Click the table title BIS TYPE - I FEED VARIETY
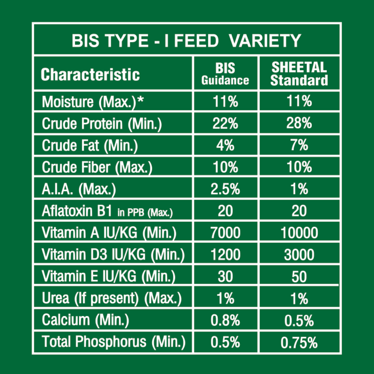pos(186,41)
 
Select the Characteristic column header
pos(90,74)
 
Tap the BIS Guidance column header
pos(226,74)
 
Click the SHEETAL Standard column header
pos(299,74)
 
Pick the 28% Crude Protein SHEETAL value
pos(299,123)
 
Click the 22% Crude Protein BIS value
pos(226,123)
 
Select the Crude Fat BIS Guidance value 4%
pos(226,145)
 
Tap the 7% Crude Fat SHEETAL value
pos(299,145)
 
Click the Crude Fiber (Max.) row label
pos(97,167)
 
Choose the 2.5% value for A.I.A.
pos(226,189)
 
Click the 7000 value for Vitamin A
pos(226,233)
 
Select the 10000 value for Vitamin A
pos(299,233)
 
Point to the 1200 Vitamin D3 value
pos(226,255)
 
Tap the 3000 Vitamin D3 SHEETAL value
pos(299,255)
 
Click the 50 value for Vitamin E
pos(299,277)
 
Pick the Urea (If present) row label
pos(111,298)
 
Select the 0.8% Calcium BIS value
pos(226,321)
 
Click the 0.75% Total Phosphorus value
pos(299,342)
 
